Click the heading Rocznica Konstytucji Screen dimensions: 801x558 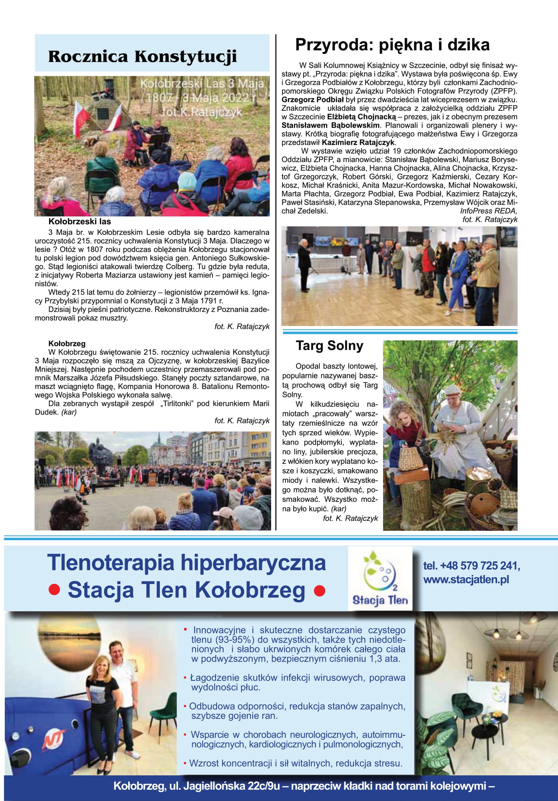[142, 57]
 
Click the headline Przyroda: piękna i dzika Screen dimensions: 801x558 [392, 45]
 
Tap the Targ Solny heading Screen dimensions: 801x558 [330, 346]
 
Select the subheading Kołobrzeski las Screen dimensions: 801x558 [79, 222]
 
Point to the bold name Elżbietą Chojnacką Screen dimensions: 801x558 [362, 117]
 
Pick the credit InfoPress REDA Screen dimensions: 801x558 [488, 211]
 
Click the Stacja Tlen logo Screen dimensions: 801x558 [380, 579]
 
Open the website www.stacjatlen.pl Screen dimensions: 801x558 [466, 580]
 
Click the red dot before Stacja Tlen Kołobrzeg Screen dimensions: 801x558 [54, 591]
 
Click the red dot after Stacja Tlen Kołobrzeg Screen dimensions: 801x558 [319, 591]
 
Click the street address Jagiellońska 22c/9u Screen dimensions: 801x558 [231, 786]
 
